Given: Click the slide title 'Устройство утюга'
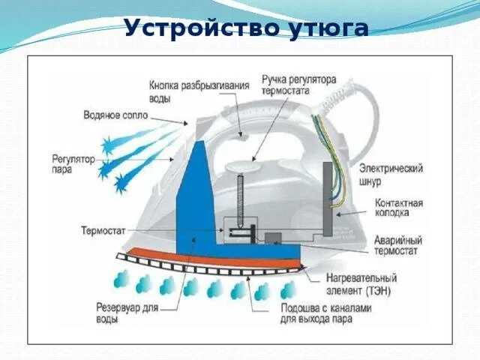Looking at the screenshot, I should point(246,28).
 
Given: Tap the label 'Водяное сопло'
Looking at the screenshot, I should point(115,116).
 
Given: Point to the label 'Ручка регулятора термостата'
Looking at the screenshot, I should point(298,83).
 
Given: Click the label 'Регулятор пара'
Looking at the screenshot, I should point(73,164).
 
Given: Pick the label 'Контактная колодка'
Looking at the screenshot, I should point(398,208).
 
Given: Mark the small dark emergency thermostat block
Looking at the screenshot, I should point(274,238).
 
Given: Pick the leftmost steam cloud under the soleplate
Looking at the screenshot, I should point(121,281).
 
